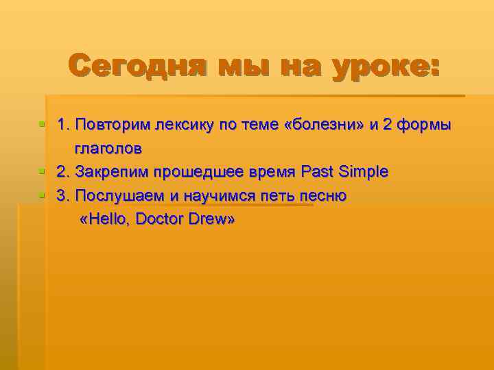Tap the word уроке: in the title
pos(384,66)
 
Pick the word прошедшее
pos(193,172)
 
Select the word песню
pos(322,196)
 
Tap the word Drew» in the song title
pos(212,221)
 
